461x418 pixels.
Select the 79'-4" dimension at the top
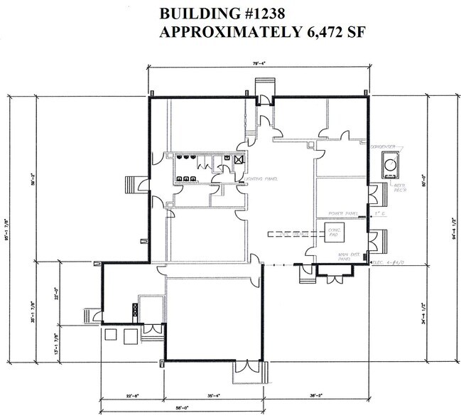pos(259,65)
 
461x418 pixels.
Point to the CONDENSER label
pos(382,145)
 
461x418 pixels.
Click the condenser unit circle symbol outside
pos(390,165)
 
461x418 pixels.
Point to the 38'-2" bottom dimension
pos(317,395)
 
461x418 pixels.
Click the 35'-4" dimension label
pos(215,395)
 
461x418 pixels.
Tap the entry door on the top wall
pos(264,89)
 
